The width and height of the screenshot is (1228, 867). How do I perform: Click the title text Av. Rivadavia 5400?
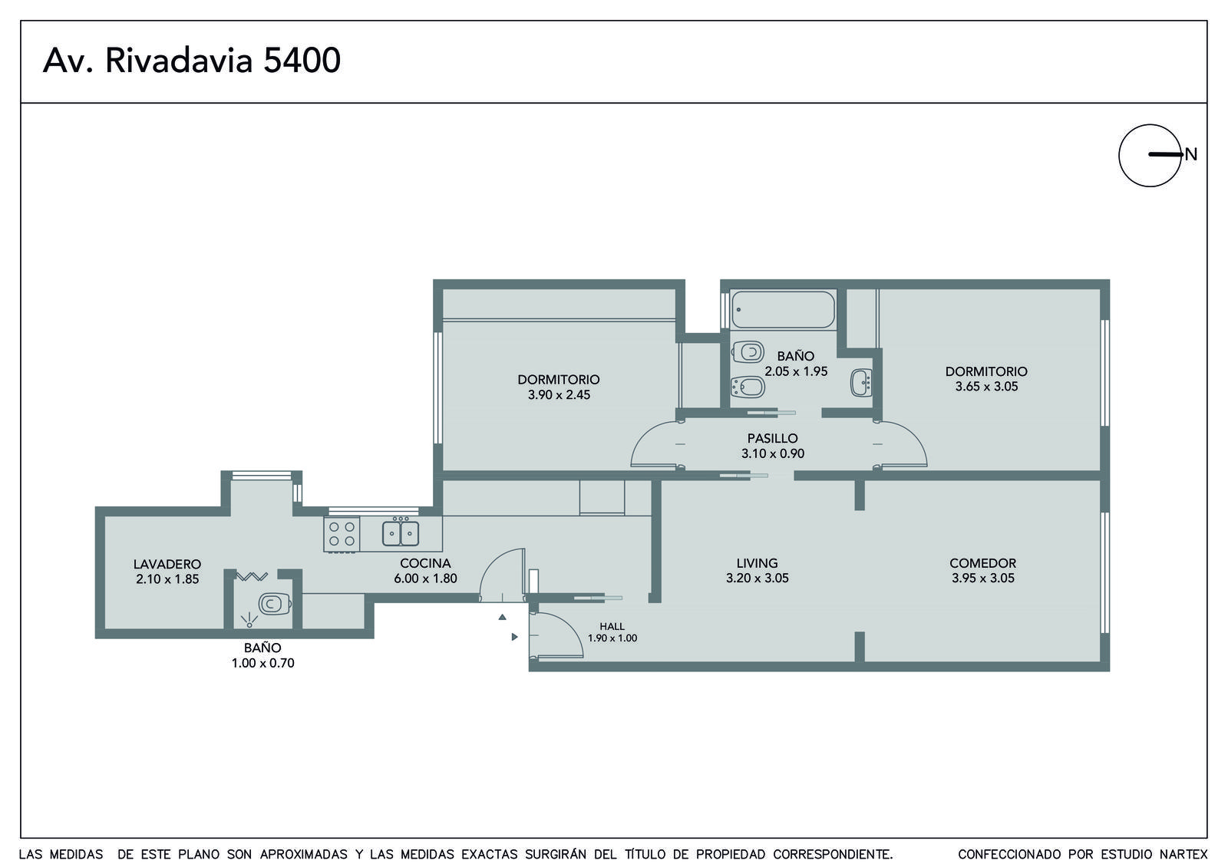[192, 61]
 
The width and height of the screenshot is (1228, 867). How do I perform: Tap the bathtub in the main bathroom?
[783, 310]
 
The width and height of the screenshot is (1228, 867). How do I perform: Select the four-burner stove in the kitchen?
[342, 534]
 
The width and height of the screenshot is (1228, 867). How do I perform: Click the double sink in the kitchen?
[401, 533]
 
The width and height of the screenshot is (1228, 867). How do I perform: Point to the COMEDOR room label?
[983, 563]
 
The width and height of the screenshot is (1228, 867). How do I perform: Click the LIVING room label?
[757, 563]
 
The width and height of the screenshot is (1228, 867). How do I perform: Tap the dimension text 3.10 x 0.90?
[773, 453]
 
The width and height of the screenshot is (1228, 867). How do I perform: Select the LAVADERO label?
[167, 564]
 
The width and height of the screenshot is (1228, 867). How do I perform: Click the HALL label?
[612, 626]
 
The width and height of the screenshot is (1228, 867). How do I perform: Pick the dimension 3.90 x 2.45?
[560, 394]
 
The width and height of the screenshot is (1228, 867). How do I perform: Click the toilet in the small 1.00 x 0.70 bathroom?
[274, 604]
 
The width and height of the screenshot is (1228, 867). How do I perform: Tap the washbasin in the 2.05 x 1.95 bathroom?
[861, 383]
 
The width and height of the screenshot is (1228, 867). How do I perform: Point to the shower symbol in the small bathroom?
[249, 620]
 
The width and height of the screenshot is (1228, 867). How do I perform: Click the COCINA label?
[425, 563]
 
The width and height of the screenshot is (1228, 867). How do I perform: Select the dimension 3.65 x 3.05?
[987, 387]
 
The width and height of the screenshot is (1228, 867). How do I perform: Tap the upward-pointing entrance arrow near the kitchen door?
[502, 617]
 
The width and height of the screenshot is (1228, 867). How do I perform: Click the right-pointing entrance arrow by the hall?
[515, 637]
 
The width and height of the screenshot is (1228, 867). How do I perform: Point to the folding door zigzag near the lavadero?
[252, 576]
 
